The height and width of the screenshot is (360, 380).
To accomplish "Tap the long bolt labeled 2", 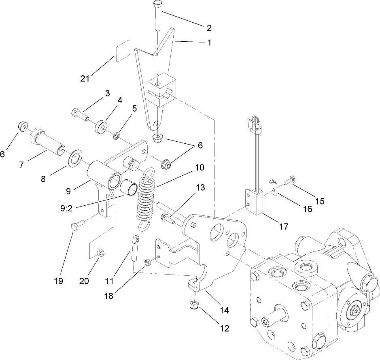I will click(x=157, y=16).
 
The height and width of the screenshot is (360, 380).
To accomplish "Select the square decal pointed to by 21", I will click(x=123, y=50).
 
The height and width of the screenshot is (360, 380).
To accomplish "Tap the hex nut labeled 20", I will click(x=100, y=253).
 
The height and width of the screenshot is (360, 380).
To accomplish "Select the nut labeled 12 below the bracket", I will click(x=194, y=306).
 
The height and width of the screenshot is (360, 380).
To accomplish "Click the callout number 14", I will click(x=224, y=311).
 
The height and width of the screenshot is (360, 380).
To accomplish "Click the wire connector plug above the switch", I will click(x=255, y=123).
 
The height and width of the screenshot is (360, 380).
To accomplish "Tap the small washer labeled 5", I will click(x=117, y=135).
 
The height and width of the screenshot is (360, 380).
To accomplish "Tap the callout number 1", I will click(x=209, y=42).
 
